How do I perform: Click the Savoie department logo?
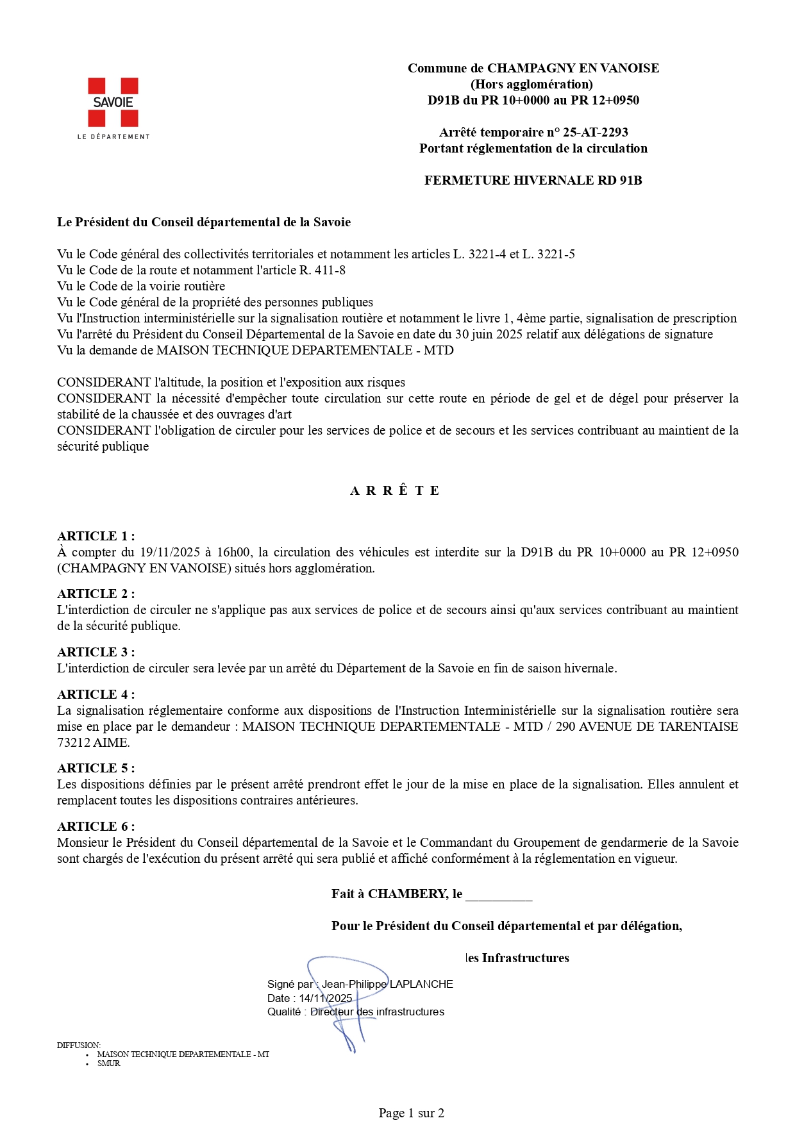click(113, 108)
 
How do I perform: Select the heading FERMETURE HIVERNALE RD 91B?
click(533, 181)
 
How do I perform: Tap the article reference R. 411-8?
click(322, 271)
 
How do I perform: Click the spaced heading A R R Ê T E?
click(395, 491)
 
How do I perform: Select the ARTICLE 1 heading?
click(96, 537)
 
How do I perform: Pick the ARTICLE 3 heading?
click(96, 653)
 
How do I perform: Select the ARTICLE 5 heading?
click(96, 769)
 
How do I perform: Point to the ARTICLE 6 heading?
click(96, 827)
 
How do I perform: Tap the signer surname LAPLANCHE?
click(421, 984)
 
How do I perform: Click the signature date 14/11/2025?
click(325, 998)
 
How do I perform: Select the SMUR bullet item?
click(108, 1063)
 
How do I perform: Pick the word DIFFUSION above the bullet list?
click(78, 1045)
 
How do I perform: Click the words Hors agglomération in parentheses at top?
click(531, 85)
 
